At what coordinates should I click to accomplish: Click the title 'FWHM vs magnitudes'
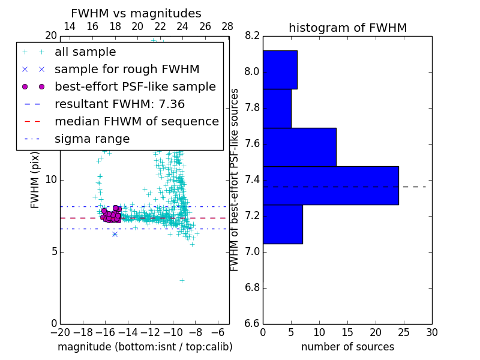point(136,13)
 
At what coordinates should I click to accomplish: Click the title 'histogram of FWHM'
point(347,28)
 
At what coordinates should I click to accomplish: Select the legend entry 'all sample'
point(85,52)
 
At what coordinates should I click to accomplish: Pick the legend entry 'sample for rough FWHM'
point(127,70)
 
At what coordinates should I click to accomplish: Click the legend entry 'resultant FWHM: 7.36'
point(119,104)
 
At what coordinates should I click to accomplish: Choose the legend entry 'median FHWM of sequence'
point(136,122)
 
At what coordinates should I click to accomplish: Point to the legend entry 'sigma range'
point(92,139)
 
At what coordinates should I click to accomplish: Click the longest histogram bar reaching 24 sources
point(331,185)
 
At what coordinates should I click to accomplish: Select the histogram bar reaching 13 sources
point(299,147)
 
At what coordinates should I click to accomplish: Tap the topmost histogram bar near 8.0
point(280,70)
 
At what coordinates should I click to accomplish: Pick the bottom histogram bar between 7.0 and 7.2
point(283,224)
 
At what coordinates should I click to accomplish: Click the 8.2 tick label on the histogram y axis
point(253,36)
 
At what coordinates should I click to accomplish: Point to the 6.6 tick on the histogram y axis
point(253,323)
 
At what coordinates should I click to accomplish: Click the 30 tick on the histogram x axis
point(431,332)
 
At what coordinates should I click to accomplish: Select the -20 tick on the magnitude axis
point(60,332)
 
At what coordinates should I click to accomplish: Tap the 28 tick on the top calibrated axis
point(227,26)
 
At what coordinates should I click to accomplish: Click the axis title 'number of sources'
point(347,347)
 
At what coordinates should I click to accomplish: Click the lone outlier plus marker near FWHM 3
point(182,280)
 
